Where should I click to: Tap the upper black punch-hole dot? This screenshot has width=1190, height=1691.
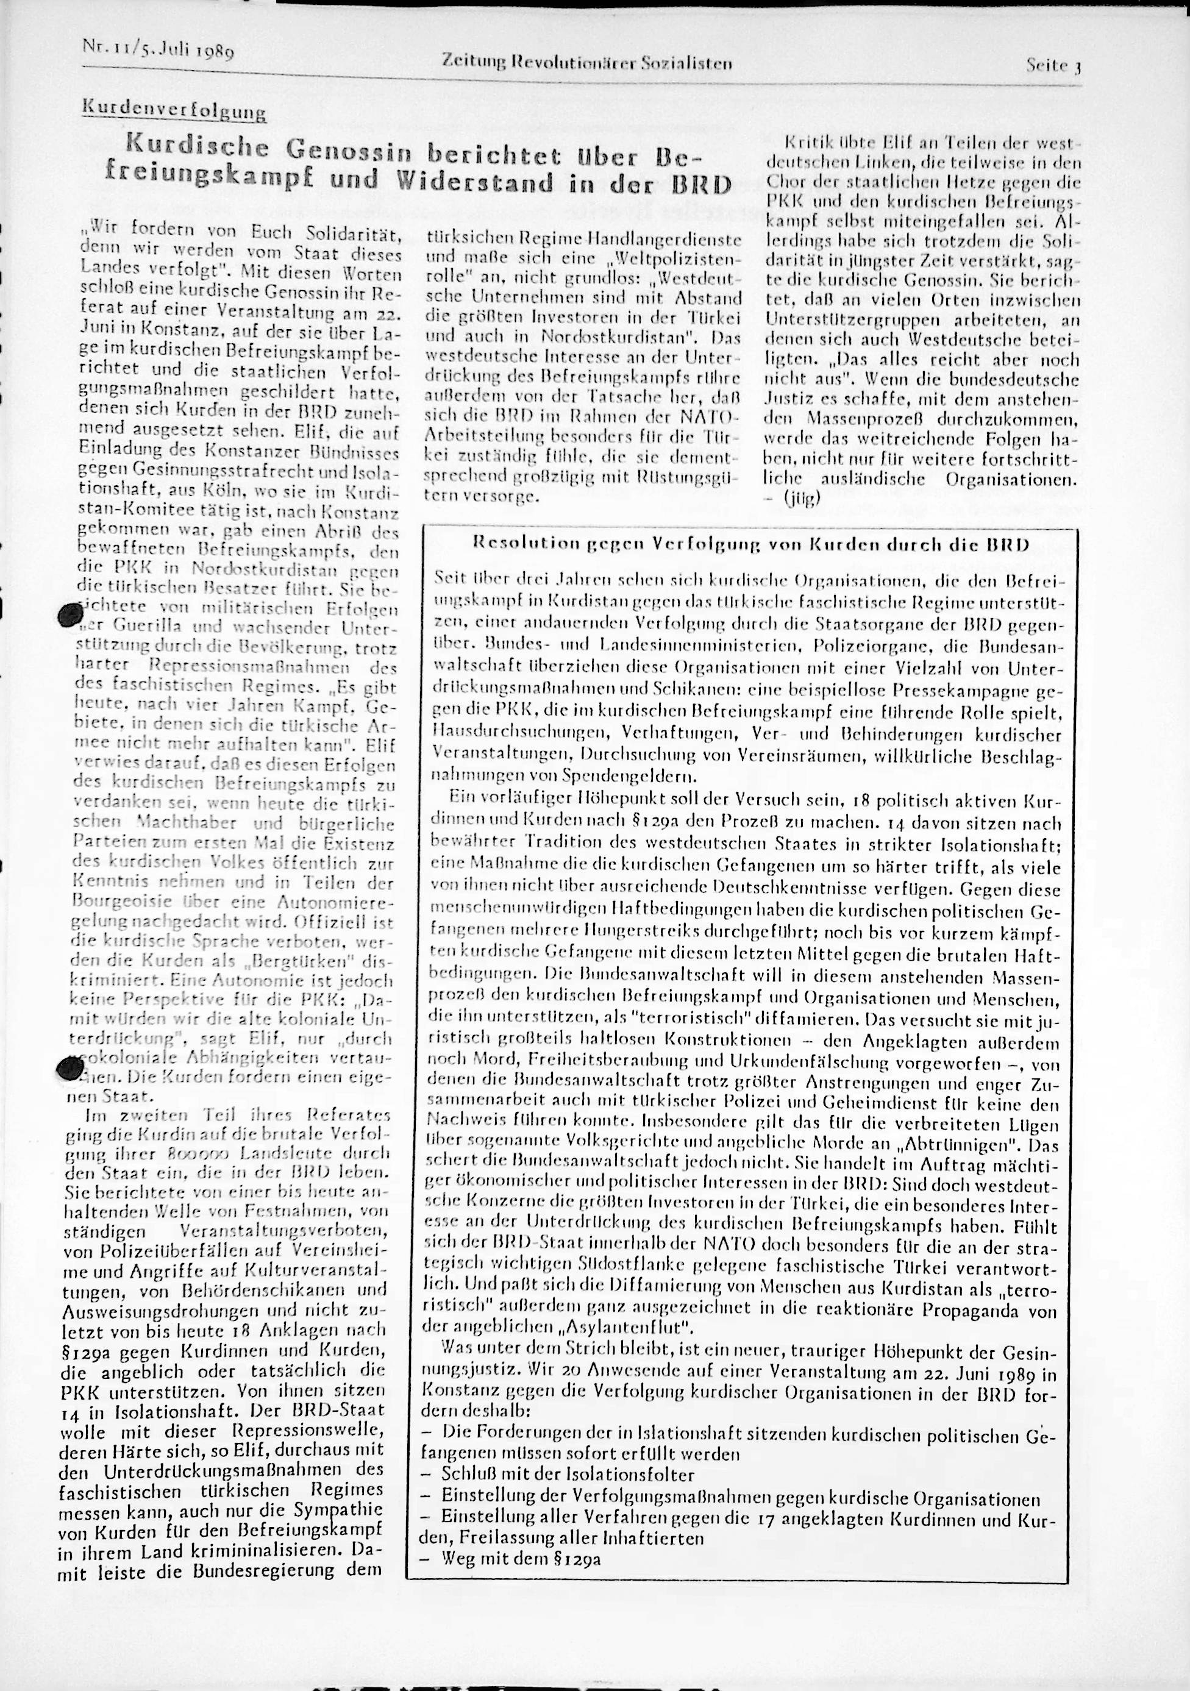pos(71,616)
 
